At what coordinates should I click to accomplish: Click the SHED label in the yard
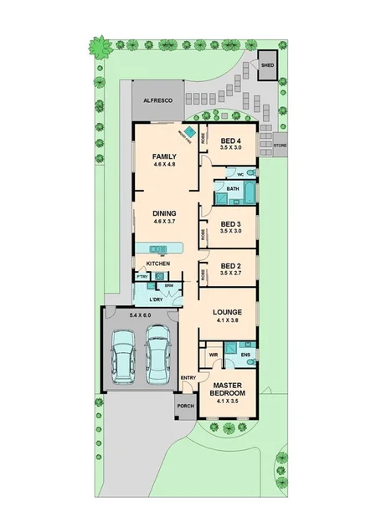pos(268,64)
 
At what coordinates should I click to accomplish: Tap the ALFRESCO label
pos(157,100)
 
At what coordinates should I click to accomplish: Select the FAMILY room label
pos(164,156)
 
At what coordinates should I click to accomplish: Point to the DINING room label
pos(164,214)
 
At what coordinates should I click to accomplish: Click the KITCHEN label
pos(157,263)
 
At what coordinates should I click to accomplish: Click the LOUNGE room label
pos(226,312)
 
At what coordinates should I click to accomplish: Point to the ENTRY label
pos(188,378)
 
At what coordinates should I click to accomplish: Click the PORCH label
pos(186,407)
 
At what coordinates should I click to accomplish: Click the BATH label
pos(232,189)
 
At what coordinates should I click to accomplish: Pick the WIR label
pos(213,354)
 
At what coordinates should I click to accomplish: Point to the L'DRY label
pos(156,299)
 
